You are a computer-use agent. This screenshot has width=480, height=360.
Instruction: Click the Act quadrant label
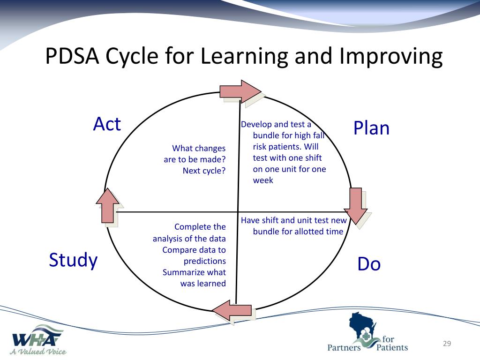tap(107, 124)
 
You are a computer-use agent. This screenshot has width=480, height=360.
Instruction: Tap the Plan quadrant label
tap(371, 128)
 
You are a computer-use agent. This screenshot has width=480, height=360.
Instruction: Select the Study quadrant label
tap(73, 260)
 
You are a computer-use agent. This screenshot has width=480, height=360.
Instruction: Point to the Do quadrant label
tap(369, 264)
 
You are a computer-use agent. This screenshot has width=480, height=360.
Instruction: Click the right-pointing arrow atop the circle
tap(240, 91)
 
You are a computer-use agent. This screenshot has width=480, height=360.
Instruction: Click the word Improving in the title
tap(391, 56)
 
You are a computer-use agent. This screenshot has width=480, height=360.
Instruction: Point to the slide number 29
tap(447, 344)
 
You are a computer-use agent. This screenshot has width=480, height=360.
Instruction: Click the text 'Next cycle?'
tap(204, 171)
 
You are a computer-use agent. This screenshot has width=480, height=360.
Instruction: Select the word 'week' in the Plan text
tap(263, 180)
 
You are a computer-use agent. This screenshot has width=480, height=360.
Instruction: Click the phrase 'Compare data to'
tap(194, 250)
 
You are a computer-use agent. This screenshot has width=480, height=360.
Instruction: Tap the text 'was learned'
tap(203, 284)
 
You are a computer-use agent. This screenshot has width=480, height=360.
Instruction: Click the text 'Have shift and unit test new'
tap(294, 220)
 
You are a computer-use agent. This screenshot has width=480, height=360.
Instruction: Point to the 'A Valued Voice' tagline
tap(39, 351)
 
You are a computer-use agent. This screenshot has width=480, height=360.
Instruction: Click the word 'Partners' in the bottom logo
tap(344, 347)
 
